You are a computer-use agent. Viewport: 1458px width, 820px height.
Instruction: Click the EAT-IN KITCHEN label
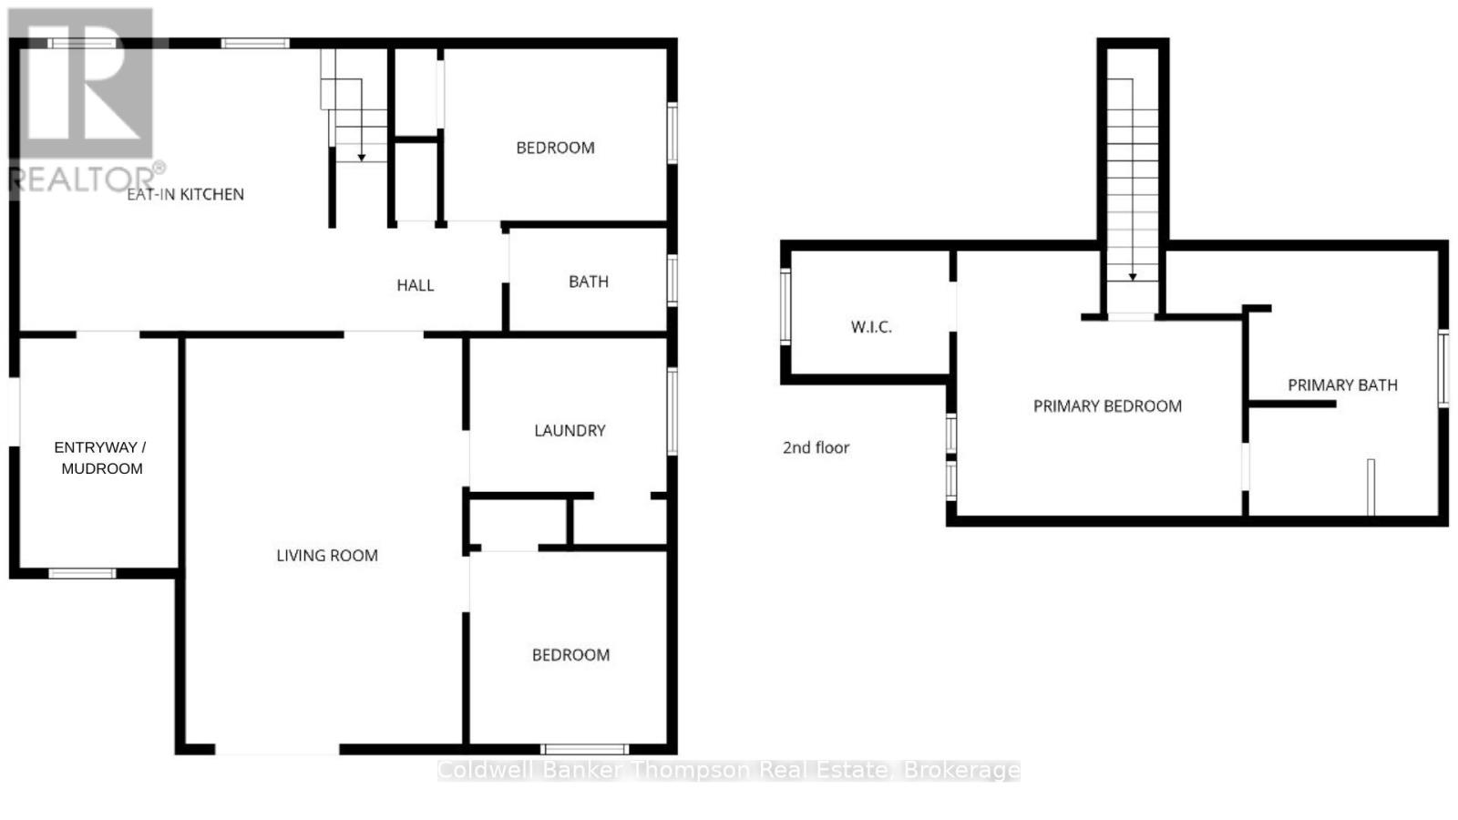click(185, 194)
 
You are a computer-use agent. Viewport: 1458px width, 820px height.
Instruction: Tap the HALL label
click(415, 285)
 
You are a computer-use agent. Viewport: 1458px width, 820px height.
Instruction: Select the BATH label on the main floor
click(588, 282)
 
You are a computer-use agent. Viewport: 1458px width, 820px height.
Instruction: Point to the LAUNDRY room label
click(570, 430)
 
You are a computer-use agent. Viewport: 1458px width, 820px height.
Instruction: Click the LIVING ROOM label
click(326, 555)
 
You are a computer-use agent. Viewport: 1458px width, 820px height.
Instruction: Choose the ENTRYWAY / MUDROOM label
click(101, 457)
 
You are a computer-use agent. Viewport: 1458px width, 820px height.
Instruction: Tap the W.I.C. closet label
click(871, 327)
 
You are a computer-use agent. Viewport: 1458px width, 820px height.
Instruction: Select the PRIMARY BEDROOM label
click(1107, 406)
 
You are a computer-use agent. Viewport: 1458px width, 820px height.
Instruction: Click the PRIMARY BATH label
click(1342, 384)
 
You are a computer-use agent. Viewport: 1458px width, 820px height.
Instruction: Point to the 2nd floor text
click(816, 447)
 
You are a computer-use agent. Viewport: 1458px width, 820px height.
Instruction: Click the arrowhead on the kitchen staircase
click(361, 158)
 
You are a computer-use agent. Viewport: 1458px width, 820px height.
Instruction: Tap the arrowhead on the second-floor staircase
click(1133, 276)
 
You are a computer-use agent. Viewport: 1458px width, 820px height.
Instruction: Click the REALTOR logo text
click(82, 179)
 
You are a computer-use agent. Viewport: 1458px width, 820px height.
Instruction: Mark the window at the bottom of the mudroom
click(82, 573)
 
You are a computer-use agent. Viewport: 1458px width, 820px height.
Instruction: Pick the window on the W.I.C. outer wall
click(785, 306)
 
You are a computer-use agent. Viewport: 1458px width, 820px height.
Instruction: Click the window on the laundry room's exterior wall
click(673, 412)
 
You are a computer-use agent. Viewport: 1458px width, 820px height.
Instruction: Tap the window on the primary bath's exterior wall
click(1443, 369)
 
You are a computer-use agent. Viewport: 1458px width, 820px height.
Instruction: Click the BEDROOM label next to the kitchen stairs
click(555, 148)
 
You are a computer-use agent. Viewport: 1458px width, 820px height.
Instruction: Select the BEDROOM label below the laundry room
click(570, 655)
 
